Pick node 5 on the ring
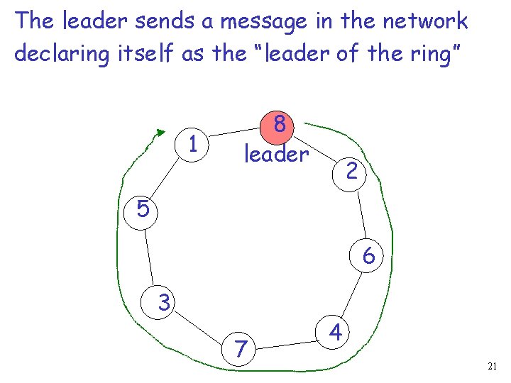tap(143, 209)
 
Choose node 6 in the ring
tap(368, 255)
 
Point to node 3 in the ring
tap(164, 304)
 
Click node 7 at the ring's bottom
tap(242, 348)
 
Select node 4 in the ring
tap(336, 331)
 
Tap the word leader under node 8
tap(277, 154)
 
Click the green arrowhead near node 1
tap(160, 132)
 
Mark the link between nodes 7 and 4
tap(290, 342)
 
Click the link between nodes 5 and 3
tap(150, 255)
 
